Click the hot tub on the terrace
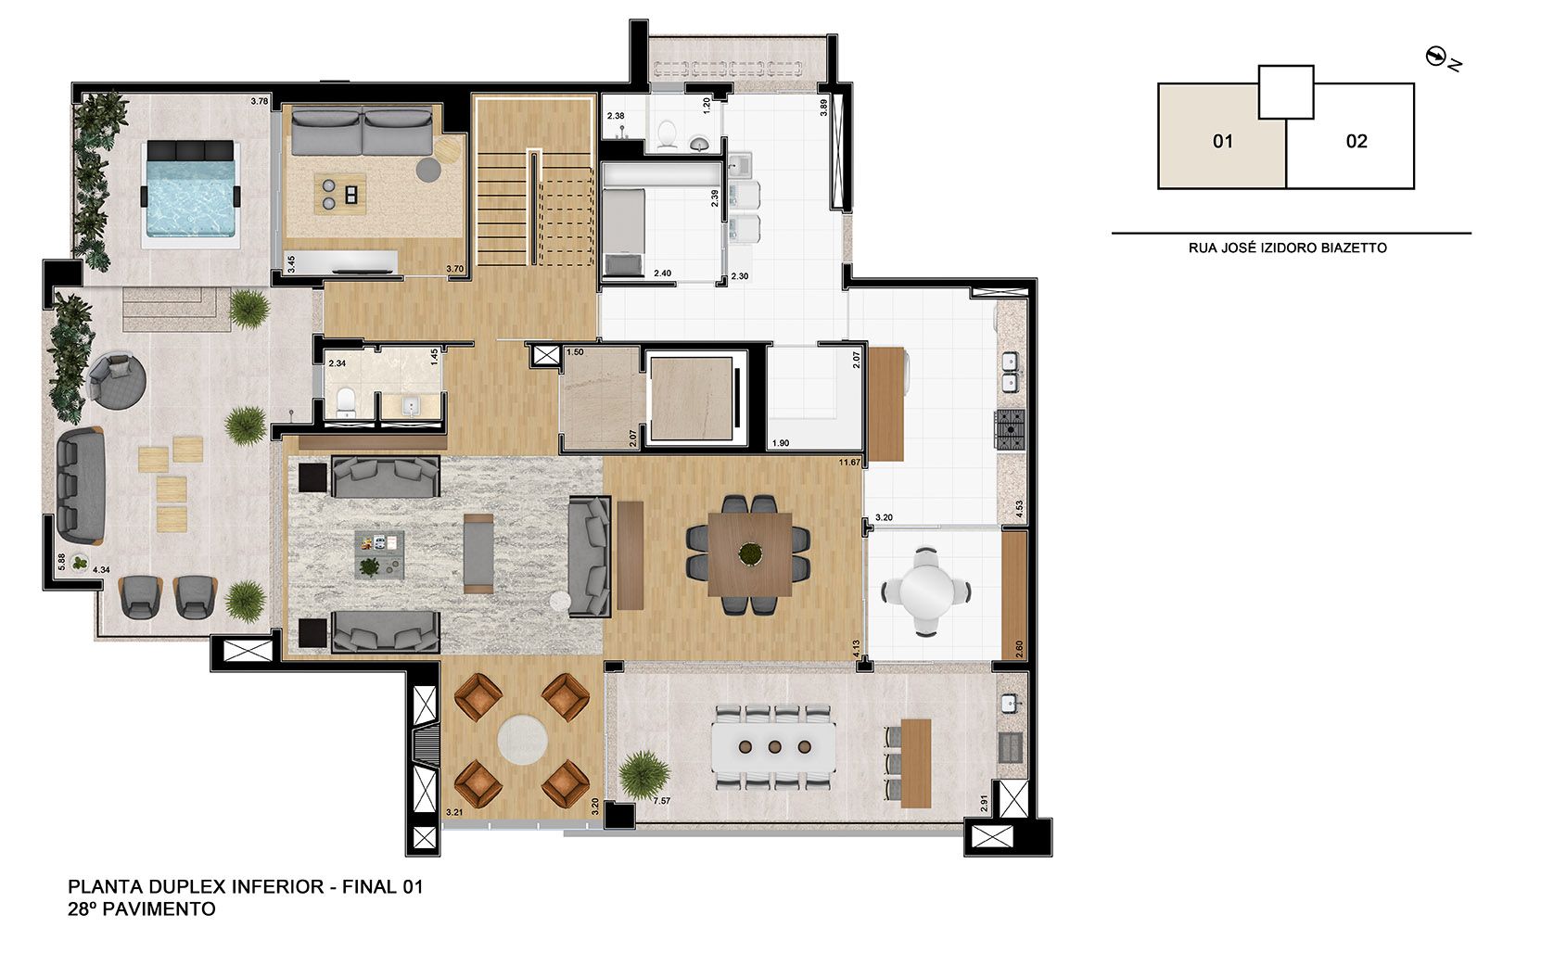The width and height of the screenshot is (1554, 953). pyautogui.click(x=192, y=195)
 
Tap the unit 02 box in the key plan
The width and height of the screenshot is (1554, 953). pyautogui.click(x=1356, y=142)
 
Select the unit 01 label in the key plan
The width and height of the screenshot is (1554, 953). pyautogui.click(x=1222, y=142)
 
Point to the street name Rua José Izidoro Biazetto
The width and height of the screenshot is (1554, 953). pyautogui.click(x=1287, y=248)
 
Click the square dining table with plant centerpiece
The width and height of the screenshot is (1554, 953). pyautogui.click(x=749, y=554)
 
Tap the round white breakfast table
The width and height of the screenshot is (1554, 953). pyautogui.click(x=926, y=590)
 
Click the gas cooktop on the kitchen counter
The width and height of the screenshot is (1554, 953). pyautogui.click(x=1009, y=430)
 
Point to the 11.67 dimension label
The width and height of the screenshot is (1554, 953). pyautogui.click(x=849, y=462)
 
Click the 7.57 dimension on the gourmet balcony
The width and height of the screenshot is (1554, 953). pyautogui.click(x=662, y=801)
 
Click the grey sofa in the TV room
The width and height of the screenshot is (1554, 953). pyautogui.click(x=362, y=132)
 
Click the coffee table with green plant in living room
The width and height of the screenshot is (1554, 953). pyautogui.click(x=379, y=553)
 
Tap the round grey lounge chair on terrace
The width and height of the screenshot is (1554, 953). pyautogui.click(x=118, y=378)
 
